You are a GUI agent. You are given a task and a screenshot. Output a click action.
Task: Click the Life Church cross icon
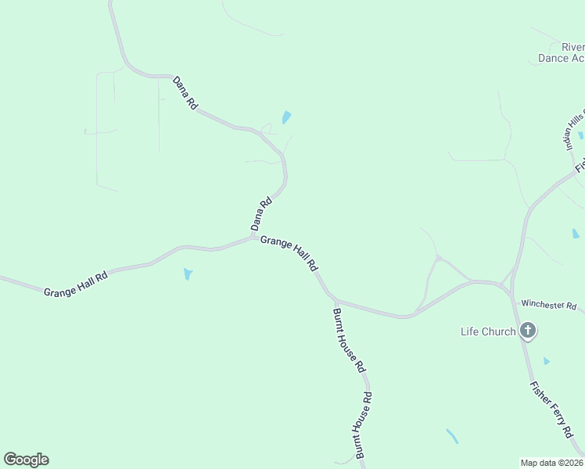coord(528,331)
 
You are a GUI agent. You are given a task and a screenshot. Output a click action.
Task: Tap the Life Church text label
coord(487,331)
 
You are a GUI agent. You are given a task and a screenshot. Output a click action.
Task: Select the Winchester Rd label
coord(549,305)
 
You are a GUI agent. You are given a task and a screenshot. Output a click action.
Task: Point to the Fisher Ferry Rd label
coord(551,409)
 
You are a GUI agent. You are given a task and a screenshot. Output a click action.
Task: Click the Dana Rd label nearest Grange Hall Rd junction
coord(260,213)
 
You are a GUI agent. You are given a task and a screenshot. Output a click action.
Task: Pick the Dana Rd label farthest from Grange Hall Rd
coord(185,92)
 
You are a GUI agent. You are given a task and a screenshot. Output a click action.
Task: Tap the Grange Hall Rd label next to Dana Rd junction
coord(289,253)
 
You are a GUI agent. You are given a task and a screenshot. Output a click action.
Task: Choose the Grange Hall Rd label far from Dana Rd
coord(75,282)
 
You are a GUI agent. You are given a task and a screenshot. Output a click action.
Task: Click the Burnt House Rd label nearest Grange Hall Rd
coord(349,339)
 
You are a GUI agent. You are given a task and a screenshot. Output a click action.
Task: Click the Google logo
coord(26,460)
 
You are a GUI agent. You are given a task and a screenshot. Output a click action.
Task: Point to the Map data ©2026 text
coord(552,462)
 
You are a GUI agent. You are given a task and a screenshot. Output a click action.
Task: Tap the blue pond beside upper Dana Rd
coord(286,118)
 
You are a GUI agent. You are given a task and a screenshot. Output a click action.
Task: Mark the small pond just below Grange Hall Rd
coord(188,274)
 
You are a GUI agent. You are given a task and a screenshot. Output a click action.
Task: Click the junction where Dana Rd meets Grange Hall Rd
coord(253,237)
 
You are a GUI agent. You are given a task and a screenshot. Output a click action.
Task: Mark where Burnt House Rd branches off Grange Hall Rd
coord(334,299)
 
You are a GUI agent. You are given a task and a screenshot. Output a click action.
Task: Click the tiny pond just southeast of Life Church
coord(547,361)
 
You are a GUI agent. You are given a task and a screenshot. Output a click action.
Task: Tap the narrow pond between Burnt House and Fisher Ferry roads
coord(452,436)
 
